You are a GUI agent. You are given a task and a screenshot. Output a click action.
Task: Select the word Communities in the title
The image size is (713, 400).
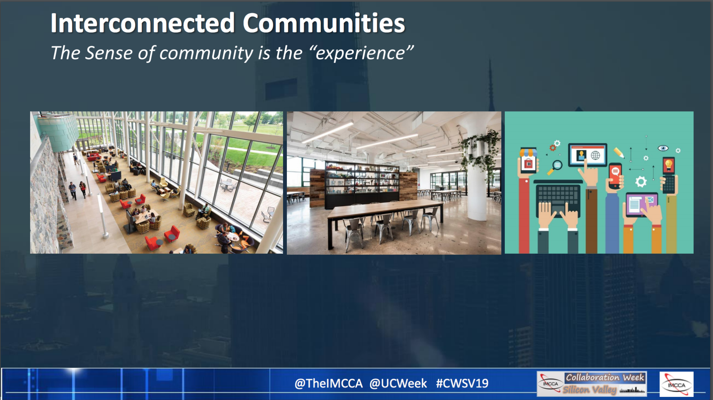[x=324, y=23]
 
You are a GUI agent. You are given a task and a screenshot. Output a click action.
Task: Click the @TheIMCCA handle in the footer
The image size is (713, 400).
[x=328, y=383]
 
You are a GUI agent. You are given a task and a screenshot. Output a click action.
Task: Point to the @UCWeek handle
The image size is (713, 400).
[x=398, y=383]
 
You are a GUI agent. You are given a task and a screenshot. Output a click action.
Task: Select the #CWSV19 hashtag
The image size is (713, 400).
[x=462, y=383]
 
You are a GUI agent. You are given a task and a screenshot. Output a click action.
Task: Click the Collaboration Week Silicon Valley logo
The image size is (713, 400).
[x=592, y=384]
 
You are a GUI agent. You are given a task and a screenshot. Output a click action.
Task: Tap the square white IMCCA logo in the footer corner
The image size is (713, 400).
[x=676, y=384]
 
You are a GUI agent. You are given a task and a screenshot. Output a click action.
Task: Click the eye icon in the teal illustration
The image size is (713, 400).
[x=663, y=148]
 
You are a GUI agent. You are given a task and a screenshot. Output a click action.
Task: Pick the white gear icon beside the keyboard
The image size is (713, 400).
[x=641, y=182]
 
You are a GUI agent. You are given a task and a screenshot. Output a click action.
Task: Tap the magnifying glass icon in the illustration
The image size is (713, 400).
[x=556, y=166]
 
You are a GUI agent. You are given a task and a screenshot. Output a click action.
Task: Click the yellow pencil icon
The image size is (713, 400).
[x=619, y=153]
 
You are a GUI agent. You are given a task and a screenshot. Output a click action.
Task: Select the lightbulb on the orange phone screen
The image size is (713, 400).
[x=669, y=165]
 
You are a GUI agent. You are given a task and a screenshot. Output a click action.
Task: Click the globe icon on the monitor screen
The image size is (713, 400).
[x=596, y=155]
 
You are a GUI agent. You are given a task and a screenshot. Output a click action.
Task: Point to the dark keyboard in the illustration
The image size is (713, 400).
[x=558, y=198]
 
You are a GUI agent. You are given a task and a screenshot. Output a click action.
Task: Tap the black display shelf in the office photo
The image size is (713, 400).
[x=362, y=184]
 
